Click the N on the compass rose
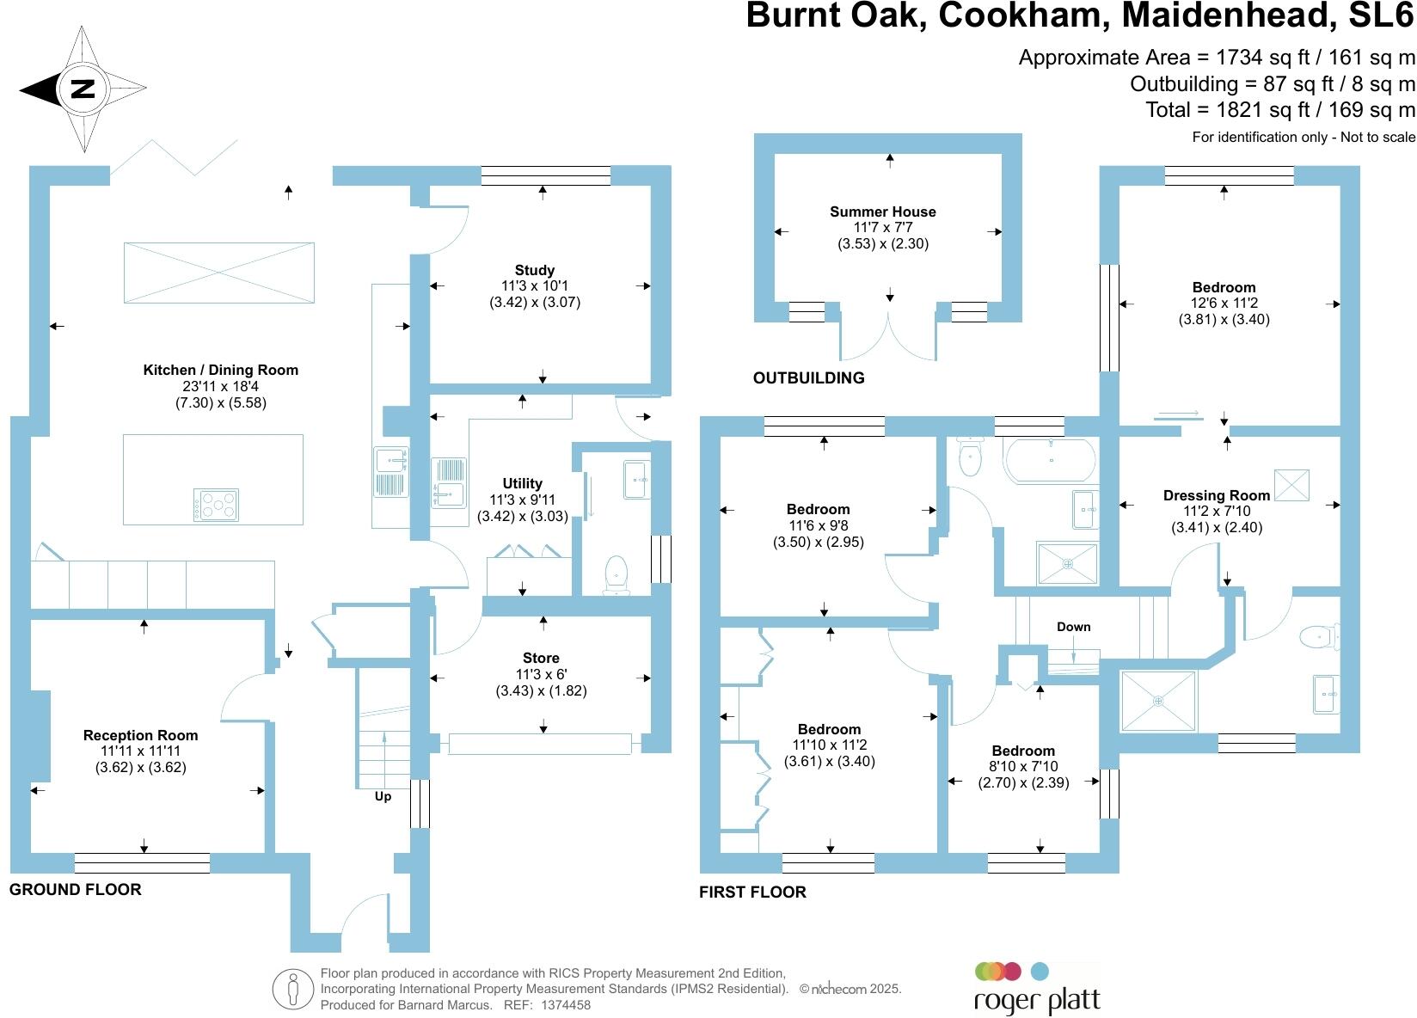click(83, 89)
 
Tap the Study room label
click(534, 270)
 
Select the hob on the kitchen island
click(216, 504)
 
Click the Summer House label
click(882, 212)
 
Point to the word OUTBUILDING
click(808, 377)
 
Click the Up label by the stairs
click(383, 796)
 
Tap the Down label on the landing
click(1073, 627)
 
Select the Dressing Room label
click(1216, 495)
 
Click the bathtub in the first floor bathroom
click(1051, 460)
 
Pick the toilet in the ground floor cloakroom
click(616, 574)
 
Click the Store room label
click(541, 659)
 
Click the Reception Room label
click(140, 735)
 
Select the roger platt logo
click(1036, 989)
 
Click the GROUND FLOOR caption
click(75, 890)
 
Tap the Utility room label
click(522, 483)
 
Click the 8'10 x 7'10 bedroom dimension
click(1023, 766)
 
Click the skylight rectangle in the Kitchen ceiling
click(219, 273)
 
